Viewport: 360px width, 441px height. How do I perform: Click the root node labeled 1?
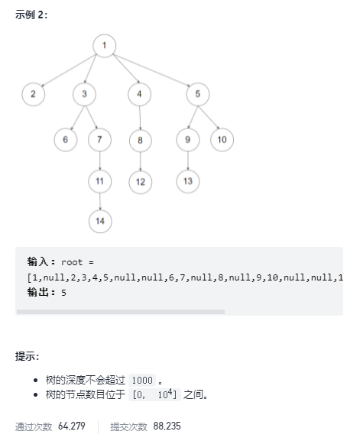coord(105,46)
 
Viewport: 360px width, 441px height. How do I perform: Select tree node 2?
coord(34,94)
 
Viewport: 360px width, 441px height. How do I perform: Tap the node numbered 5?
coord(198,94)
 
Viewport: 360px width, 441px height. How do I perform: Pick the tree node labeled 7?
coord(99,140)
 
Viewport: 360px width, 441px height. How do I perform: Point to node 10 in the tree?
coord(222,140)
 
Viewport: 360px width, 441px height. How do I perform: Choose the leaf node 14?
coord(100,222)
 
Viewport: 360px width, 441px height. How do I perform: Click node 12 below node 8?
coord(141,182)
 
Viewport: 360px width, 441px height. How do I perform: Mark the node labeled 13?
coord(188,181)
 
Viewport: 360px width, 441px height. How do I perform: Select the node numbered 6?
coord(66,140)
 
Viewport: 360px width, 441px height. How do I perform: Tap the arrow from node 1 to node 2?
coord(68,70)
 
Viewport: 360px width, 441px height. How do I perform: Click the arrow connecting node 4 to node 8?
coord(140,118)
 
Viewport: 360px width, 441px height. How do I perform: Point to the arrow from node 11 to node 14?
coord(100,201)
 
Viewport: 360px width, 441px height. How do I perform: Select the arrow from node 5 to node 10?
coord(209,118)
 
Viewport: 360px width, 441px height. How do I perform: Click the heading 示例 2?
coord(31,15)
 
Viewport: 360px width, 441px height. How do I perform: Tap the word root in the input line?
coord(72,262)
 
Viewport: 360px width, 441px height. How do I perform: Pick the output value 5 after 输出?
coord(64,293)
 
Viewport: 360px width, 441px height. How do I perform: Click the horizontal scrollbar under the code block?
coord(121,312)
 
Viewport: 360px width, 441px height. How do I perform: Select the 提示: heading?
coord(27,356)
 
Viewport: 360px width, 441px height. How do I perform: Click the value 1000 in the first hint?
coord(142,381)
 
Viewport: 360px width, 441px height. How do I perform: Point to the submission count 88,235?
coord(167,426)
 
